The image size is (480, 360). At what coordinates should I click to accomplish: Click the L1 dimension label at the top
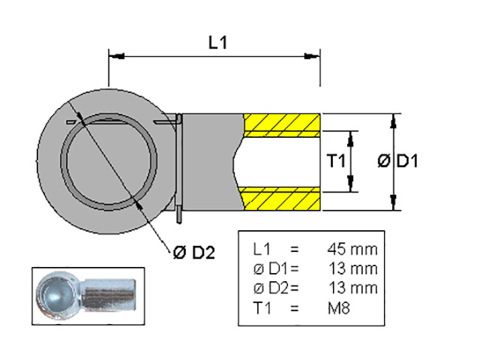coord(217,43)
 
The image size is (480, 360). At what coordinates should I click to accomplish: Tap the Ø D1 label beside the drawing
coord(397,161)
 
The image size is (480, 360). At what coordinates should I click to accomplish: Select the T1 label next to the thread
coord(336,161)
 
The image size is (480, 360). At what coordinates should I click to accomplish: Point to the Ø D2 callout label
coord(194,253)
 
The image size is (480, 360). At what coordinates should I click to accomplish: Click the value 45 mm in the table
coord(352,250)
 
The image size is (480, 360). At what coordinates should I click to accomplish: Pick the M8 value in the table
coord(338,308)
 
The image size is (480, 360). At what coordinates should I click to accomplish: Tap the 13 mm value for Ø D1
coord(353,268)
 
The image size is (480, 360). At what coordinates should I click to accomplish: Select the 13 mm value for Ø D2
coord(353,288)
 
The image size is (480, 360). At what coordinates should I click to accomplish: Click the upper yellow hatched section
coord(282,125)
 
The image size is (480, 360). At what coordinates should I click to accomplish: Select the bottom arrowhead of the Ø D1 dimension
coord(394,202)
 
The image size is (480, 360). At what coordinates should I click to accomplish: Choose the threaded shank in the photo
coord(109,295)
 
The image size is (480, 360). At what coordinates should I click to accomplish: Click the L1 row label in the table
coord(262,250)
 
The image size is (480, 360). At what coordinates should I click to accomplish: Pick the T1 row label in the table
coord(262,308)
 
